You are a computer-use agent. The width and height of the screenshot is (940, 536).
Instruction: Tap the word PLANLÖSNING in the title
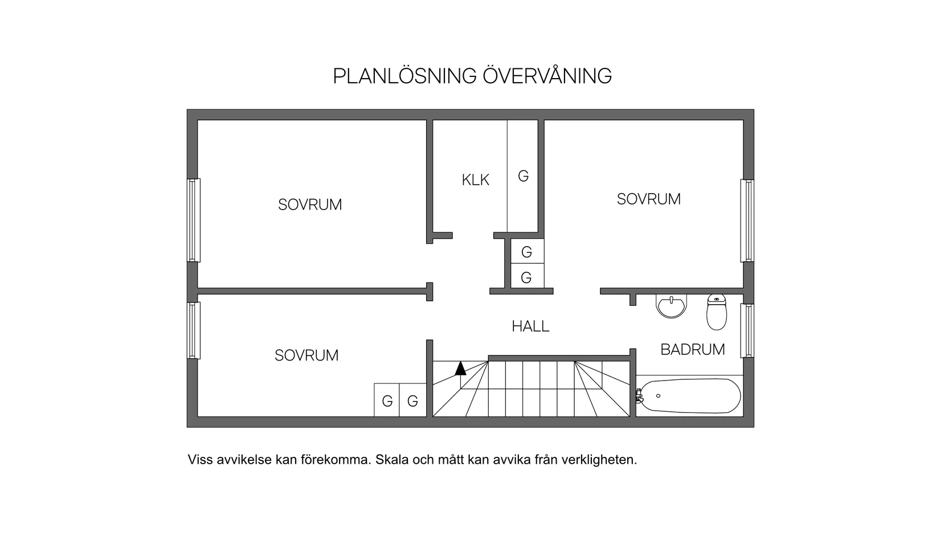405,76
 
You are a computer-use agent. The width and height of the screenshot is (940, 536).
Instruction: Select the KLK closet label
476,180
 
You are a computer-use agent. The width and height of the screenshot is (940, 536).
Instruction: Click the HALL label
530,326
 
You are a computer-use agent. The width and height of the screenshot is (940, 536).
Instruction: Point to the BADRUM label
692,350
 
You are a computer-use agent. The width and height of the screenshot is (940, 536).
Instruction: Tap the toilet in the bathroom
717,312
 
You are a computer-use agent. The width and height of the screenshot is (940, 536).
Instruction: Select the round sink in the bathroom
672,306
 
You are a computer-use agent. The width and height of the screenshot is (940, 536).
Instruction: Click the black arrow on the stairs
460,368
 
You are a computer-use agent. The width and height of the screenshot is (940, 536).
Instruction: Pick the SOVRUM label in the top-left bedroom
310,205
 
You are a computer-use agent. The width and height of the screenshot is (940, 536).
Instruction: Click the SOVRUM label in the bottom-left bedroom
306,355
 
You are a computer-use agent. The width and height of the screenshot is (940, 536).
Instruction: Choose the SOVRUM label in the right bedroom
649,199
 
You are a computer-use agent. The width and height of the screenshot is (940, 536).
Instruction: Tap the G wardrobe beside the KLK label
523,176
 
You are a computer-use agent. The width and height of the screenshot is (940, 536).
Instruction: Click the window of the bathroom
747,331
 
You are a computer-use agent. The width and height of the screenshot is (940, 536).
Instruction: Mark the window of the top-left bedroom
194,220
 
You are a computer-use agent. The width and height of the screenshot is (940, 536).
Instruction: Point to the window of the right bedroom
747,221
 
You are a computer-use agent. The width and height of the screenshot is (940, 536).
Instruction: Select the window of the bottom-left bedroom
194,331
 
